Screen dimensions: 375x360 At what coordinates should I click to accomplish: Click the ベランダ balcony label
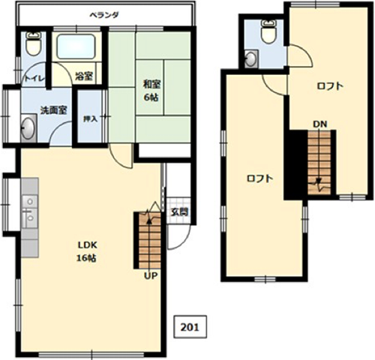pos(104,15)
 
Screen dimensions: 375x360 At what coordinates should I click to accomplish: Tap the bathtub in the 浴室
pos(76,47)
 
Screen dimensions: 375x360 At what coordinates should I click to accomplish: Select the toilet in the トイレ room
pos(34,43)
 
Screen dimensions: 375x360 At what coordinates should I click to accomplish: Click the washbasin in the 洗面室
pos(28,128)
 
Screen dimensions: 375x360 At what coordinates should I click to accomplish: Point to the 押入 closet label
pos(90,119)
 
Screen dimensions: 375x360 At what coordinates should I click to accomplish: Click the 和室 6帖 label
pos(151,91)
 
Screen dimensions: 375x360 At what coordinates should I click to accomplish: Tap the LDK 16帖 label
pos(87,251)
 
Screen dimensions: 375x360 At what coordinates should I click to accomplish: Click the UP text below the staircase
pos(151,275)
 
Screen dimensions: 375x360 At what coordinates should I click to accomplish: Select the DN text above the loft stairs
pos(320,124)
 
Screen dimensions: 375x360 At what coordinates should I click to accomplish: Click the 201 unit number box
pos(190,327)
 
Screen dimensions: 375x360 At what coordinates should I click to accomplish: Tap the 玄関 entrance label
pos(179,212)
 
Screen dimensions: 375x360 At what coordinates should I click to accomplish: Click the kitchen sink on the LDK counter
pos(30,211)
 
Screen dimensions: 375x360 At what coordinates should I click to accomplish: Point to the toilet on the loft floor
pos(268,32)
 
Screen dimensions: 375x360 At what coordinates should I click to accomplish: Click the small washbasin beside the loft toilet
pos(251,58)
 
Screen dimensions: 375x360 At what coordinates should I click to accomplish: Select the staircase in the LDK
pos(149,241)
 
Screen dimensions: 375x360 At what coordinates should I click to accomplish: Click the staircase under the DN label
pos(319,163)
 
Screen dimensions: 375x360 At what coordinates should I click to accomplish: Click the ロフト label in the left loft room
pos(259,178)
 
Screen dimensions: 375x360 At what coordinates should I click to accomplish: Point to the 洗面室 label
pos(54,110)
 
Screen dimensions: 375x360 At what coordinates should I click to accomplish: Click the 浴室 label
pos(84,76)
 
